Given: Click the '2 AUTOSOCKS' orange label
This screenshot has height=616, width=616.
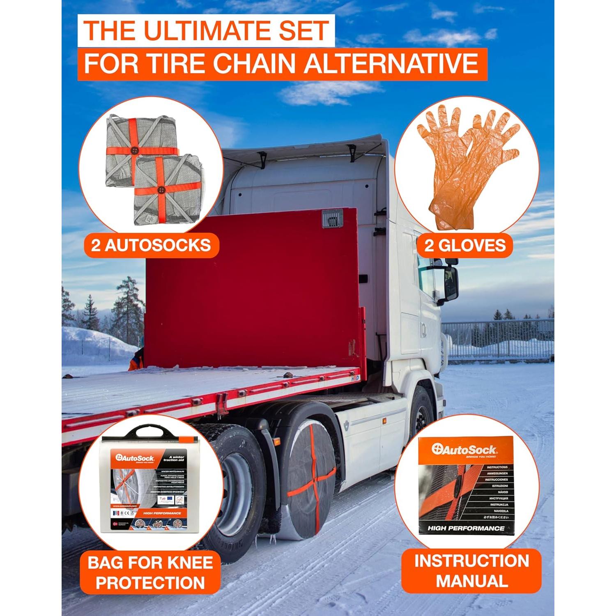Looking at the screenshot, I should (151, 246).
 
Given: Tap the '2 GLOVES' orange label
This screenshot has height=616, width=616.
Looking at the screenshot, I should (465, 246).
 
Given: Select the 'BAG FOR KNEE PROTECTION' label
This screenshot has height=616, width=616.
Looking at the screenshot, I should (150, 573).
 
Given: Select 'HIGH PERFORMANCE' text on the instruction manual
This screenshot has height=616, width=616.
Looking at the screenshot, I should (466, 528).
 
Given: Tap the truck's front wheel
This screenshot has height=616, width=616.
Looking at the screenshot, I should (421, 415).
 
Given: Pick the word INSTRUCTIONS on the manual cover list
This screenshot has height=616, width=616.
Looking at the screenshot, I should (497, 467).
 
